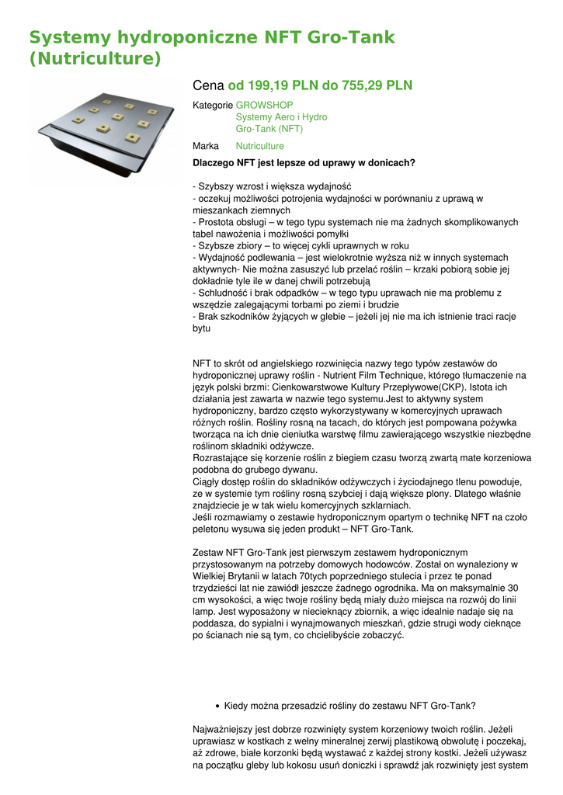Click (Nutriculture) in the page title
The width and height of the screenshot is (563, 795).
(x=95, y=59)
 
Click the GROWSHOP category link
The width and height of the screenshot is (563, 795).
(x=265, y=105)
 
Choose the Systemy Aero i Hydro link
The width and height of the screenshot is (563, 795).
(x=281, y=117)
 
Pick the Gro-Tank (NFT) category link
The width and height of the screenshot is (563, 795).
(x=269, y=129)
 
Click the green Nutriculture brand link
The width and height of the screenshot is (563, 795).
(x=260, y=146)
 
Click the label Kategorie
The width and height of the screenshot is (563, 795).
(x=213, y=105)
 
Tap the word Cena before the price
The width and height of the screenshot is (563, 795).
(x=207, y=85)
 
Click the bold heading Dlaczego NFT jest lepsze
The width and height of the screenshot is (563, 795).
(x=304, y=162)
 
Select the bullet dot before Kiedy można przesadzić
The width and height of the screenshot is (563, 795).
(x=217, y=706)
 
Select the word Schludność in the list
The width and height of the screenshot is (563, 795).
(x=226, y=293)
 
